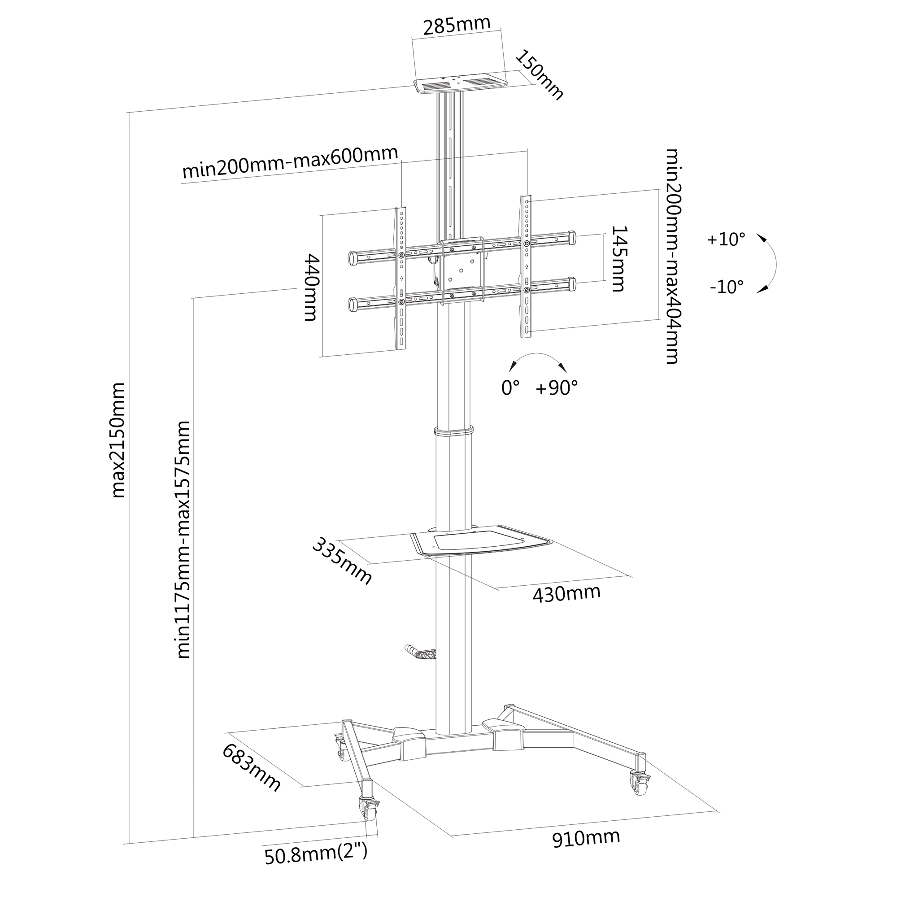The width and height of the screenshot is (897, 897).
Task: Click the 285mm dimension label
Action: coord(457,26)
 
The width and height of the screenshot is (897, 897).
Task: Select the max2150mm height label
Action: coord(118,440)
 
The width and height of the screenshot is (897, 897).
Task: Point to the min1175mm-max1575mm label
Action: coord(183,540)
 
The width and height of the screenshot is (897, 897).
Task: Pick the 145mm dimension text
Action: coord(618,259)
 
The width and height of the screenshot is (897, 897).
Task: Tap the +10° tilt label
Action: coord(726,239)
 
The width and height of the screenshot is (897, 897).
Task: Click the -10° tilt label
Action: coord(727,287)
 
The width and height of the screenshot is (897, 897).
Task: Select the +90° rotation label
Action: coord(557,388)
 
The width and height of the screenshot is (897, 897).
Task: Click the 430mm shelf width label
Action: coord(566,593)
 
